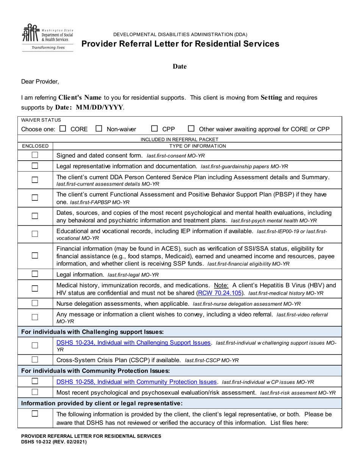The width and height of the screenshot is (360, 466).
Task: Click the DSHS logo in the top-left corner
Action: pyautogui.click(x=47, y=37)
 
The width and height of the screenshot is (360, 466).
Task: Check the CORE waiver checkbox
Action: pyautogui.click(x=63, y=129)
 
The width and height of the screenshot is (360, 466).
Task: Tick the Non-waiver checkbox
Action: pyautogui.click(x=99, y=129)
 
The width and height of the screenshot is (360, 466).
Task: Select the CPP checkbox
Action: pyautogui.click(x=155, y=129)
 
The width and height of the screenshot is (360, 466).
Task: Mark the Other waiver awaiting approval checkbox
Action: pyautogui.click(x=191, y=129)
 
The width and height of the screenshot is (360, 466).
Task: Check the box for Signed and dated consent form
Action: pyautogui.click(x=35, y=155)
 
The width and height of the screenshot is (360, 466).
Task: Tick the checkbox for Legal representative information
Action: pyautogui.click(x=35, y=166)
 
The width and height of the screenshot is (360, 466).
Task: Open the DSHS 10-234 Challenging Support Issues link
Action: pyautogui.click(x=133, y=342)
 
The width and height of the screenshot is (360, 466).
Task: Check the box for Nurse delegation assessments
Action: pyautogui.click(x=35, y=303)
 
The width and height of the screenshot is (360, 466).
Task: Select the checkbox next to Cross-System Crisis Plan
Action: pyautogui.click(x=35, y=360)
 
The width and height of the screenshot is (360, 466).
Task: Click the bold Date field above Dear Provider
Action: pyautogui.click(x=180, y=67)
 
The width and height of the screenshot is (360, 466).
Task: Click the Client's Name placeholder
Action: pyautogui.click(x=80, y=97)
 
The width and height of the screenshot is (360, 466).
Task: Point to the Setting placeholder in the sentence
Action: pyautogui.click(x=271, y=97)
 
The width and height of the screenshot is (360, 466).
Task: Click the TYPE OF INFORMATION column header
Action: pyautogui.click(x=197, y=146)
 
